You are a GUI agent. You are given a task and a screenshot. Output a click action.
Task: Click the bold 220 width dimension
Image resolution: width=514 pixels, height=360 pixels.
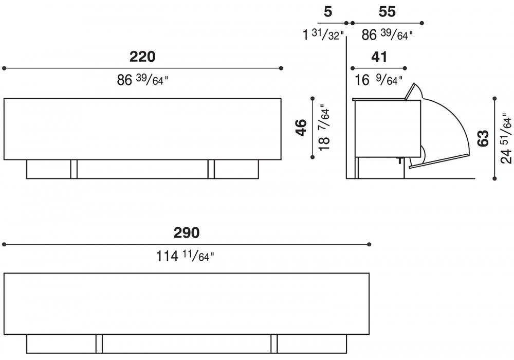coord(142,57)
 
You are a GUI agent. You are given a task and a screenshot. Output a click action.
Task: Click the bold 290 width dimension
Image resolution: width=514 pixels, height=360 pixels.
coord(186,233)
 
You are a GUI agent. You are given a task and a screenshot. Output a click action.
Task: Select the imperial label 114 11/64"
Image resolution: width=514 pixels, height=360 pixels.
coord(185,256)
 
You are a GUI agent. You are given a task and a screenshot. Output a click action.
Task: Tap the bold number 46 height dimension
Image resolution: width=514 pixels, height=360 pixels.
coord(301,128)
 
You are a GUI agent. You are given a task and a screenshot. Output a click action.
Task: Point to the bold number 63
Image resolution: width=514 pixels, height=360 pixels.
coord(483,138)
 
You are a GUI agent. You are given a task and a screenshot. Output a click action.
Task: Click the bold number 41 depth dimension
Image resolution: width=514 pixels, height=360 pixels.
coord(379,57)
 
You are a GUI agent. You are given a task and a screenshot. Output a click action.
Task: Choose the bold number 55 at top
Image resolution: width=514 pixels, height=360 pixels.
coord(387,12)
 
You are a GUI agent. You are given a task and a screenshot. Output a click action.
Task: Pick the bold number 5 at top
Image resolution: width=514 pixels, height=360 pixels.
coord(328,12)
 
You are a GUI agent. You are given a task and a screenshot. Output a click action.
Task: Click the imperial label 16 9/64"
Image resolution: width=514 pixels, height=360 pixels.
coord(379,80)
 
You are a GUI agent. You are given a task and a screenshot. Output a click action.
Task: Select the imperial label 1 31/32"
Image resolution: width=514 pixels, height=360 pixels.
coord(323,34)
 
